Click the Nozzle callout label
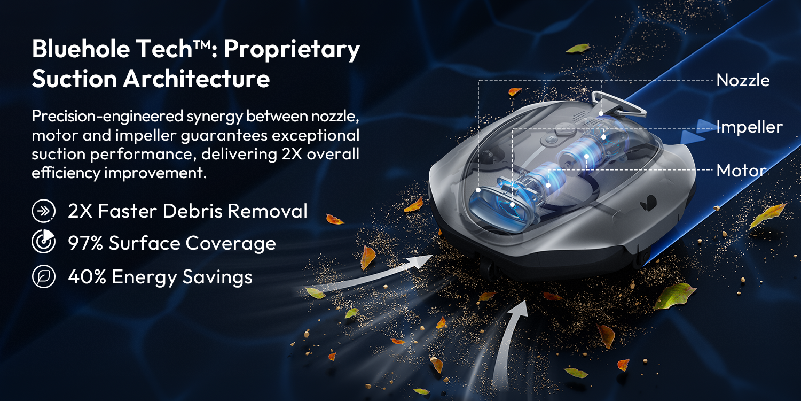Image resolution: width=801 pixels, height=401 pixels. (x=743, y=80)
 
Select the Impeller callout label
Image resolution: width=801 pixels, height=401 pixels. (x=750, y=127)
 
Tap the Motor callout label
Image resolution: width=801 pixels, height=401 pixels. (x=741, y=171)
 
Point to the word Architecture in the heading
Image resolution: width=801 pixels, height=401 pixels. (x=197, y=79)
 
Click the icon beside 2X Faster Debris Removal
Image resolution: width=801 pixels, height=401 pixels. (x=44, y=211)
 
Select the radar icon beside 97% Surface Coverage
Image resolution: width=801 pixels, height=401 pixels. (x=44, y=242)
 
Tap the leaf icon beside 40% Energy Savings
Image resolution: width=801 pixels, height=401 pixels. (x=44, y=276)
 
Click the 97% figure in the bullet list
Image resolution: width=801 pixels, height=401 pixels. (x=85, y=243)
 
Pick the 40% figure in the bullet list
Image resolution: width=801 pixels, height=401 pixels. (x=87, y=277)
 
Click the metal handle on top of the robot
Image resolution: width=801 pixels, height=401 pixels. (x=618, y=104)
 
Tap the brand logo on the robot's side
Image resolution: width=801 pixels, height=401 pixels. (x=649, y=203)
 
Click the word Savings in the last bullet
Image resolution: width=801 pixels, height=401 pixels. (x=217, y=277)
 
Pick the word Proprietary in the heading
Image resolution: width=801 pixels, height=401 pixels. (x=292, y=50)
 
